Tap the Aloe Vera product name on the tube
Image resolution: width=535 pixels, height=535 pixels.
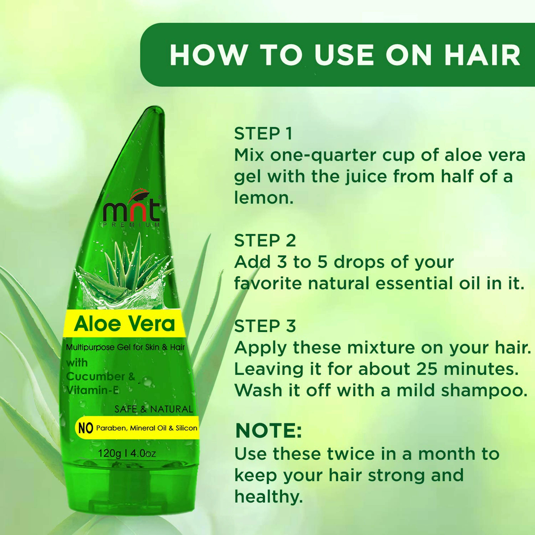[x=125, y=324]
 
